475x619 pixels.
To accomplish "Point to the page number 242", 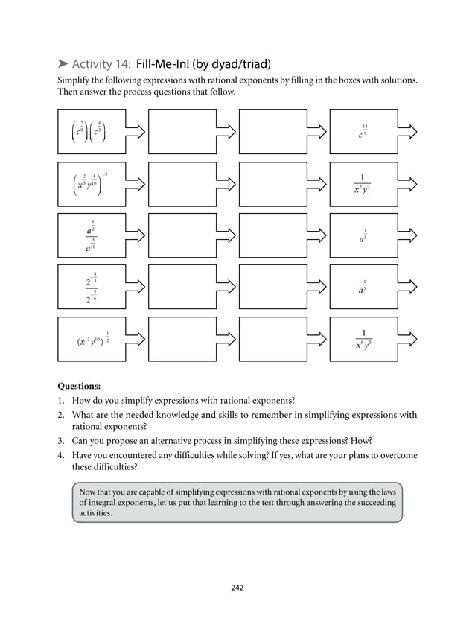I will (237, 588).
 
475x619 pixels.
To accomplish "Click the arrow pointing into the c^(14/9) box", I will (318, 132).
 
